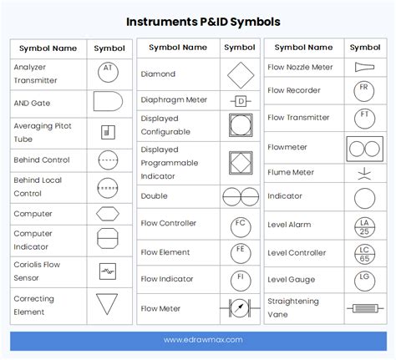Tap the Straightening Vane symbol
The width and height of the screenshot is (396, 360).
click(365, 308)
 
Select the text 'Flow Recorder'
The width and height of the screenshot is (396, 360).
click(294, 90)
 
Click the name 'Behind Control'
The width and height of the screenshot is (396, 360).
click(42, 160)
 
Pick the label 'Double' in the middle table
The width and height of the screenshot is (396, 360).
click(154, 196)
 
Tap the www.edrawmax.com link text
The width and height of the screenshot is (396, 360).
click(203, 340)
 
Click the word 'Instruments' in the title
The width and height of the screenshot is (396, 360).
click(161, 22)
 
